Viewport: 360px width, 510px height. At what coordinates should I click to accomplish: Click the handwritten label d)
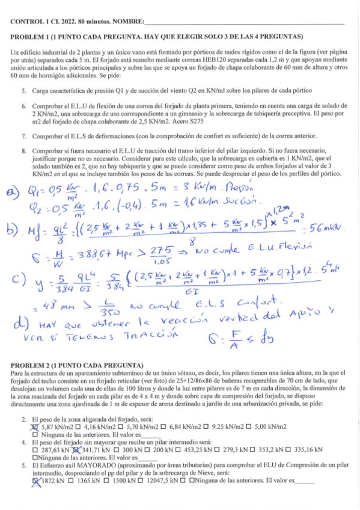coord(16,328)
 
